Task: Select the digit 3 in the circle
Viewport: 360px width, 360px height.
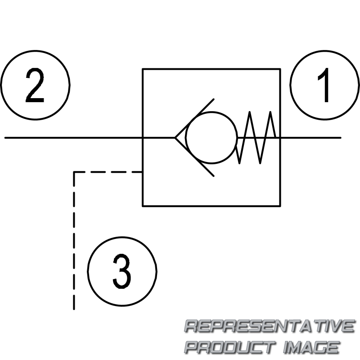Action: pyautogui.click(x=122, y=271)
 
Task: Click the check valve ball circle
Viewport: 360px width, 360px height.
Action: pyautogui.click(x=211, y=137)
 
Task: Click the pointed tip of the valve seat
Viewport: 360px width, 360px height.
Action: pyautogui.click(x=175, y=137)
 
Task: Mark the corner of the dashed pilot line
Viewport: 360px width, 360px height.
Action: pyautogui.click(x=74, y=171)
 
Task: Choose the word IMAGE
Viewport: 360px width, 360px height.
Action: pyautogui.click(x=310, y=347)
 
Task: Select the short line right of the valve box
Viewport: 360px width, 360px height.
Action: pyautogui.click(x=310, y=137)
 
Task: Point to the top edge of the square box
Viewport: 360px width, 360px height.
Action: pyautogui.click(x=211, y=69)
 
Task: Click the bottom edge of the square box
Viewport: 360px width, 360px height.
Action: pyautogui.click(x=211, y=206)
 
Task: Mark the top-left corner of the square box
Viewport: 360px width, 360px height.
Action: pyautogui.click(x=143, y=69)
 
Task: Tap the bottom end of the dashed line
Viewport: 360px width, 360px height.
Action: pyautogui.click(x=74, y=309)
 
